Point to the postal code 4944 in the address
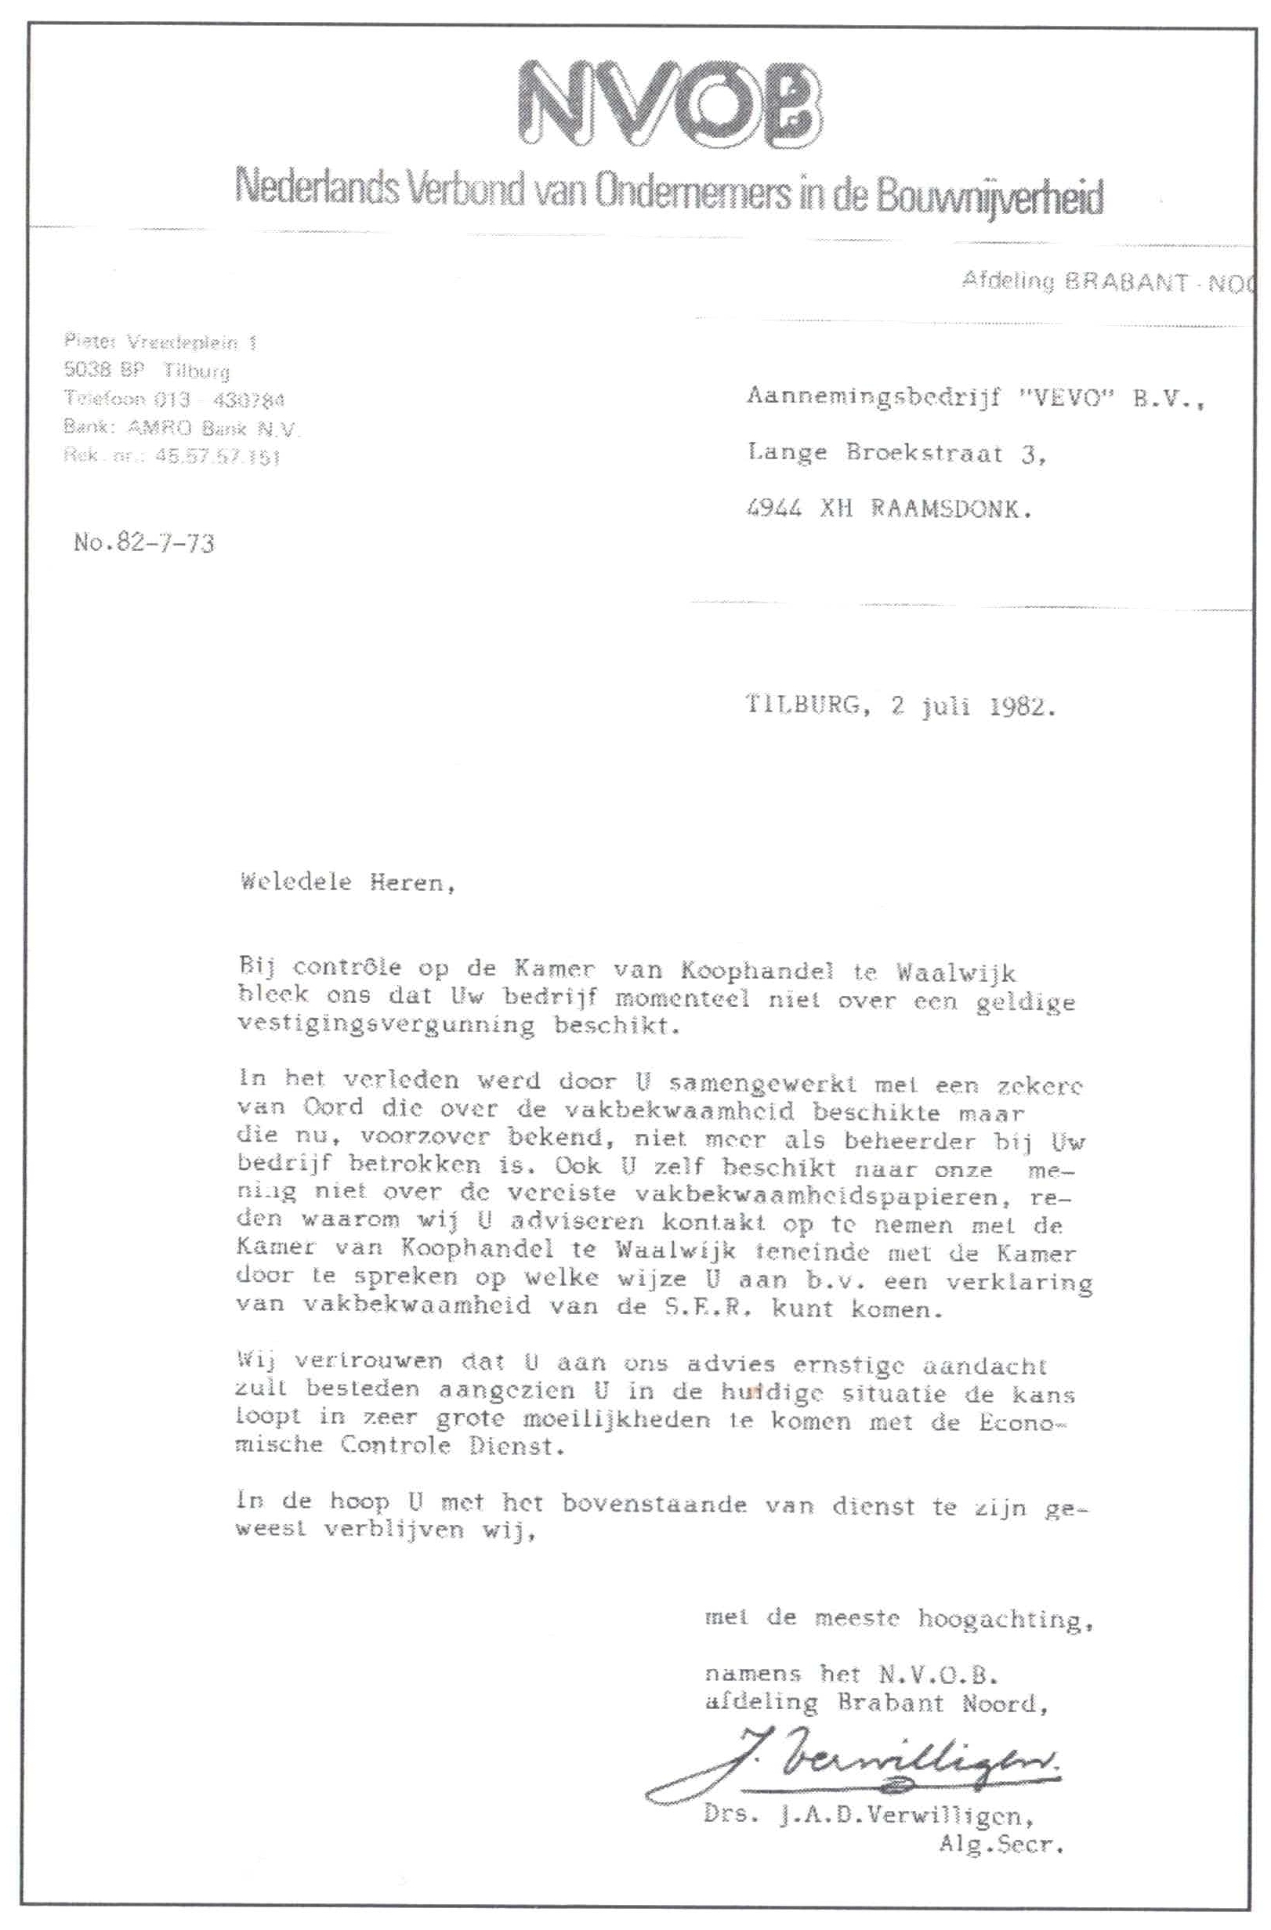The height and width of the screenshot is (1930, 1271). (773, 509)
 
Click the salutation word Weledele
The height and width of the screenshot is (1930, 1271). (296, 882)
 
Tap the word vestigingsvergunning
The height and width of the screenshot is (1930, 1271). (386, 1024)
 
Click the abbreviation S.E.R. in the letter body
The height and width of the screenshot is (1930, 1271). (709, 1307)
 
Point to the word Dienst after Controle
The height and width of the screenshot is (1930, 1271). (515, 1446)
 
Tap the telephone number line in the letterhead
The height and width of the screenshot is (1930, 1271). (174, 399)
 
